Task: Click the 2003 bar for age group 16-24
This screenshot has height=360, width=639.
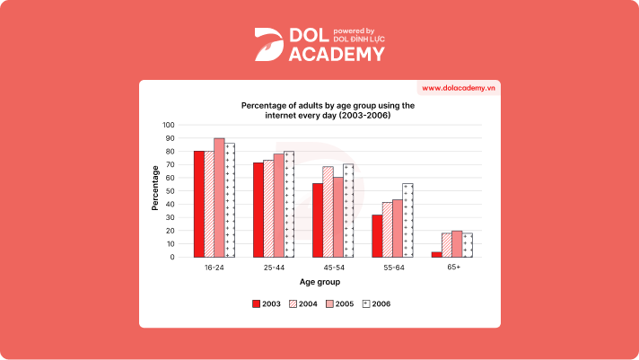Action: point(199,204)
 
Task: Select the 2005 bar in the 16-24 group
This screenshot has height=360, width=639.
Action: point(219,198)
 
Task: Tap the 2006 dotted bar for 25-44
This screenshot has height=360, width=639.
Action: point(288,204)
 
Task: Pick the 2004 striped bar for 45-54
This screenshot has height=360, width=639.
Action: point(328,212)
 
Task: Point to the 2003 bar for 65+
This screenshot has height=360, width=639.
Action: point(436,254)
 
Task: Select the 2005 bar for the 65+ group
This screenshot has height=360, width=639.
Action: point(457,244)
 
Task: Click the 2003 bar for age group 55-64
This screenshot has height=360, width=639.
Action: point(377,235)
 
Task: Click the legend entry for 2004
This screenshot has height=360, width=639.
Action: point(302,303)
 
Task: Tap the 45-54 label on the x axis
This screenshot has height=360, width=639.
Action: point(332,268)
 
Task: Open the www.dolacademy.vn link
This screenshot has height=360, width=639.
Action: point(459,88)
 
